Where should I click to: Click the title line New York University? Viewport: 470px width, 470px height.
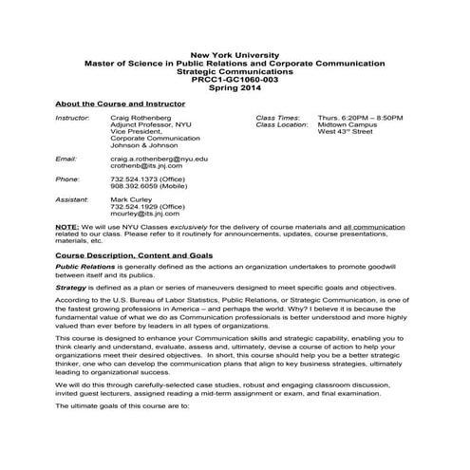(x=235, y=55)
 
